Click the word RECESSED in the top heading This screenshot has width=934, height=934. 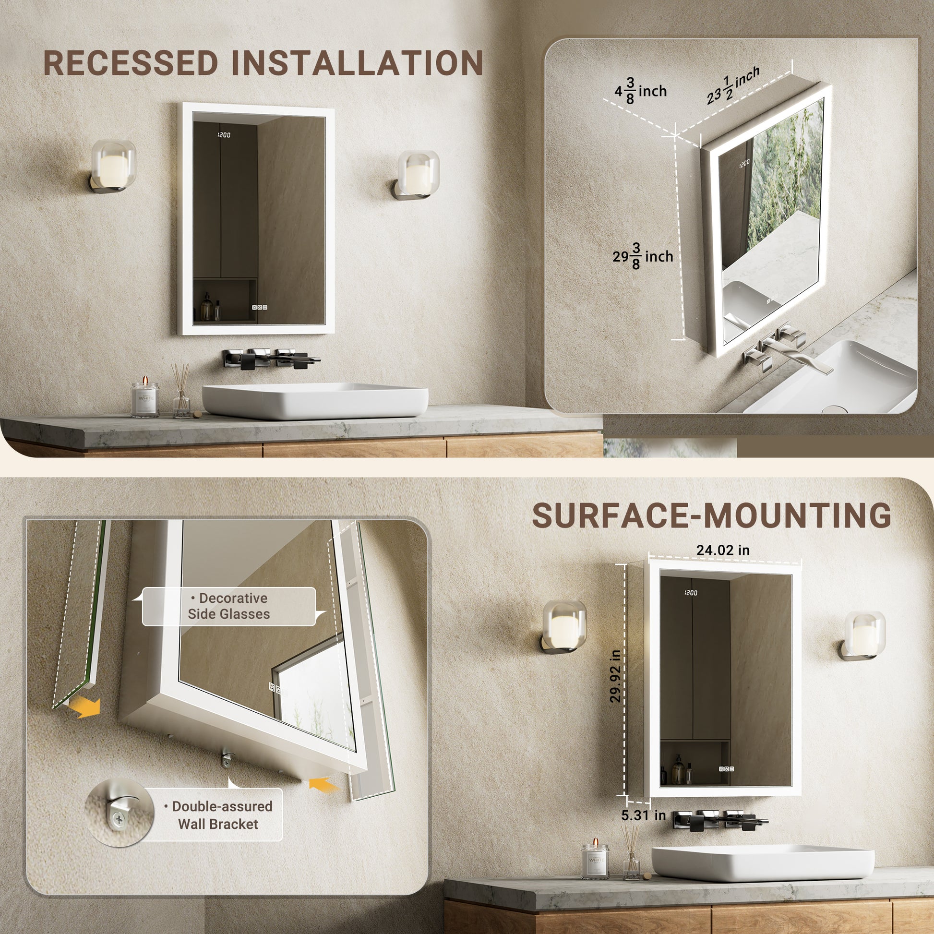click(131, 63)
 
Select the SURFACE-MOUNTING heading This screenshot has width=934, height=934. click(712, 515)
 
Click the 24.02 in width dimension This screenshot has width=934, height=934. click(723, 550)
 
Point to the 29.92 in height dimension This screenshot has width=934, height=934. click(615, 676)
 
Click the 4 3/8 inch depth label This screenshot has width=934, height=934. click(641, 91)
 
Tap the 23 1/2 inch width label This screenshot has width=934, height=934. click(732, 86)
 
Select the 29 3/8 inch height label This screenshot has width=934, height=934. click(643, 256)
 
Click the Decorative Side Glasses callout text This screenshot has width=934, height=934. click(228, 606)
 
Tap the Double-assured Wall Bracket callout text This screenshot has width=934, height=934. click(218, 815)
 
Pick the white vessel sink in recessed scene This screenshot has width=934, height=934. click(315, 400)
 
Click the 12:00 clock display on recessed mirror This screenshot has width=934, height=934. click(224, 135)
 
